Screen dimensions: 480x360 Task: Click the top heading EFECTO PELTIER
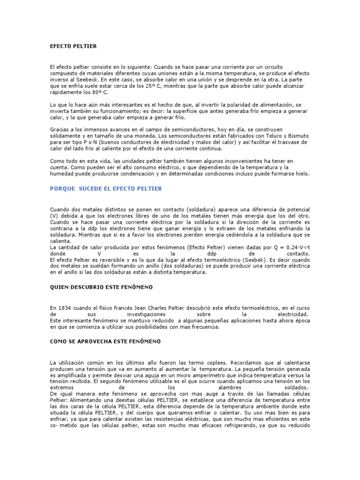[73, 46]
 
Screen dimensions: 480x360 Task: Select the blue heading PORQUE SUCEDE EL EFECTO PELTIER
[106, 188]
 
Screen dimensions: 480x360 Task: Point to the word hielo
[300, 173]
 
